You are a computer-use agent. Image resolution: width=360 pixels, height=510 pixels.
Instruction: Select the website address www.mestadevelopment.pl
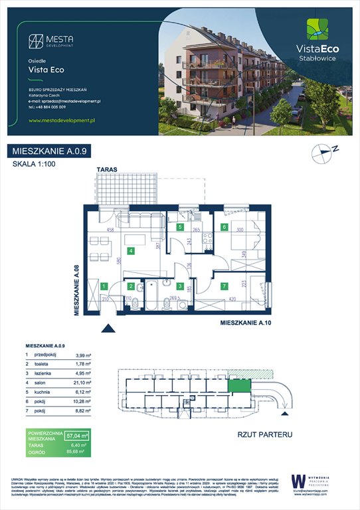pyautogui.click(x=63, y=120)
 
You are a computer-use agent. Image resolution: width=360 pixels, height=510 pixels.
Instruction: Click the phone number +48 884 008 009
pyautogui.click(x=57, y=106)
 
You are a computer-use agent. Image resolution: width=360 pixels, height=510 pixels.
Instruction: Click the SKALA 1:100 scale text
pyautogui.click(x=35, y=165)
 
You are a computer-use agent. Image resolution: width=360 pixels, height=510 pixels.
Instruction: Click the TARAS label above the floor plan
pyautogui.click(x=107, y=170)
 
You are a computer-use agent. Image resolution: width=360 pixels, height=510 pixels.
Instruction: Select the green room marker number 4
pyautogui.click(x=132, y=251)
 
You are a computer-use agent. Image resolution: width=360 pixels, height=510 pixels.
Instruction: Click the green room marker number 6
pyautogui.click(x=225, y=227)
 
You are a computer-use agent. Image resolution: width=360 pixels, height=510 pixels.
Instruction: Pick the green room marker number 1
pyautogui.click(x=104, y=286)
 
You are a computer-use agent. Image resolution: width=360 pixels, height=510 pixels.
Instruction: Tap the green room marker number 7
pyautogui.click(x=225, y=286)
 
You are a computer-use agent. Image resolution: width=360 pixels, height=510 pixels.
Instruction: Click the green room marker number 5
pyautogui.click(x=179, y=227)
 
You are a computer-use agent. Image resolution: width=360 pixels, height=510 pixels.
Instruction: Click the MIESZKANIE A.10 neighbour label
pyautogui.click(x=246, y=323)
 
